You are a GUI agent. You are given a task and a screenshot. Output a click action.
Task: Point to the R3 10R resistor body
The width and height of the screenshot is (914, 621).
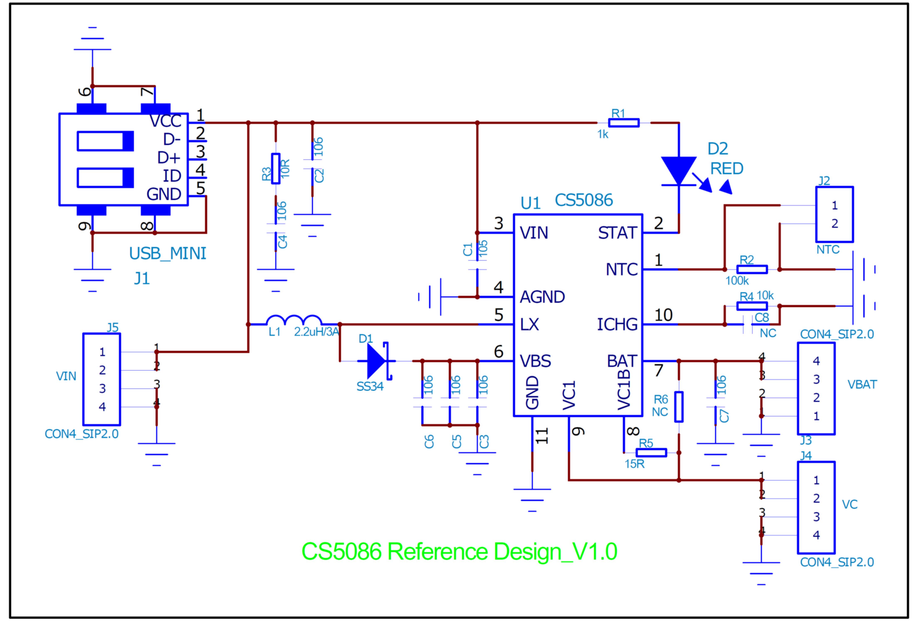click(276, 169)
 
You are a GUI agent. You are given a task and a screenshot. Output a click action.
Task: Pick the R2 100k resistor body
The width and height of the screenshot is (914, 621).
click(752, 269)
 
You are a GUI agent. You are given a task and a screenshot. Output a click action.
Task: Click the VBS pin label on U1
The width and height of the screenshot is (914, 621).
click(535, 361)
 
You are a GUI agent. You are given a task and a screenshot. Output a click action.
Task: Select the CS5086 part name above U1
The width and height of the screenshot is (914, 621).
click(584, 200)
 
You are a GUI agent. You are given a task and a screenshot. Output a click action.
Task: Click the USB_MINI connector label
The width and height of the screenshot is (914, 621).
click(167, 254)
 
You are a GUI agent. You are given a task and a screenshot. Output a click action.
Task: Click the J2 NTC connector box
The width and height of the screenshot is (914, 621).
click(834, 214)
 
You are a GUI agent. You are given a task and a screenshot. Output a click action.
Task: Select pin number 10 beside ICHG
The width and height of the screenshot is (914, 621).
click(663, 315)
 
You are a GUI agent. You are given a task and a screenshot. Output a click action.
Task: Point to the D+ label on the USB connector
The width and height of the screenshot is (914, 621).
click(169, 158)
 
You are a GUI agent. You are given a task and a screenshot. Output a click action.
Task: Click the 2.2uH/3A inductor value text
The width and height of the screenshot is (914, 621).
click(316, 332)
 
